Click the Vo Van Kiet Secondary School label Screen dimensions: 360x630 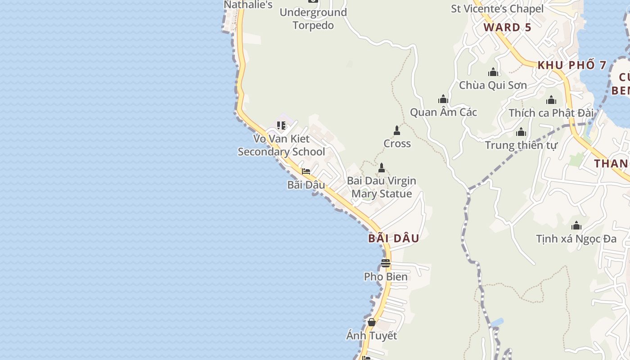tap(281, 145)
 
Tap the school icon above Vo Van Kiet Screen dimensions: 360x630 tap(281, 125)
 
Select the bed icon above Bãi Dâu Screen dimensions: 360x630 tap(306, 171)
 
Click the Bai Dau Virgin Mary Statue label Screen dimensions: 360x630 tap(382, 187)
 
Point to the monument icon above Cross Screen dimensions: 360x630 tap(396, 130)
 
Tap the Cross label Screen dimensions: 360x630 tap(397, 144)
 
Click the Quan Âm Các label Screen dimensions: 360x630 tap(443, 112)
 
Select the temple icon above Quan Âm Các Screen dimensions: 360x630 tap(443, 99)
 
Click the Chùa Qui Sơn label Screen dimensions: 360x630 tap(493, 85)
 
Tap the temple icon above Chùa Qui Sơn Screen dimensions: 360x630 tap(493, 72)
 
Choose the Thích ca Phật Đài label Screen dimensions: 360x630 tap(551, 113)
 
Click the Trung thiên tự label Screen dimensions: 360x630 tap(521, 145)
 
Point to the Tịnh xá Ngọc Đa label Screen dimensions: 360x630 tap(576, 238)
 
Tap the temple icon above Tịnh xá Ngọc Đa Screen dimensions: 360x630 tap(576, 225)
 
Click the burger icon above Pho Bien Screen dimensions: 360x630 tap(386, 263)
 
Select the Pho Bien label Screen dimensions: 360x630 tap(386, 277)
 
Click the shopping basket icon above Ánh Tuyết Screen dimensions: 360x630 tap(372, 322)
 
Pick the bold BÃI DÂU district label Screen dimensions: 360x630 tap(394, 238)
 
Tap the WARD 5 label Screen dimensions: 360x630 tap(508, 27)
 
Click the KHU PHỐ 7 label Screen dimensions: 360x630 tap(572, 65)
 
